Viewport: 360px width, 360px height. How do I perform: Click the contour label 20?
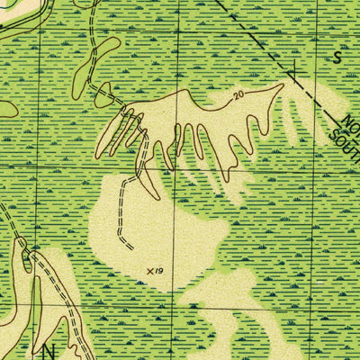point(238,94)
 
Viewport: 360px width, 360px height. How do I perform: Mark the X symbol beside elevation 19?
point(149,268)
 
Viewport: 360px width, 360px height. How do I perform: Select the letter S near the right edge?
point(338,57)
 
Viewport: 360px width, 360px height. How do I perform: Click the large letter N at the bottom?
point(49,349)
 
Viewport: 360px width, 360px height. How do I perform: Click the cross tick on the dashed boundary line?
point(293,68)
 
